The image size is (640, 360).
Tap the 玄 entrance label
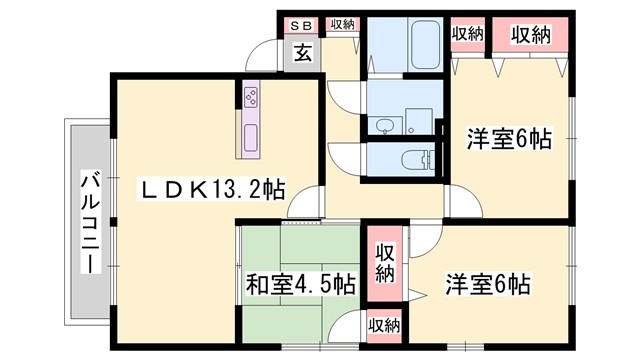pyautogui.click(x=302, y=54)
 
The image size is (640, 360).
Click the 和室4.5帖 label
pyautogui.click(x=300, y=284)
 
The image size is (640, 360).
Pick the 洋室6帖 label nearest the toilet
pyautogui.click(x=509, y=139)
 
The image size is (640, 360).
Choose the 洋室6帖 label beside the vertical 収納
pyautogui.click(x=487, y=284)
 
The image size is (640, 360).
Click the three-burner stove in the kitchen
pyautogui.click(x=249, y=97)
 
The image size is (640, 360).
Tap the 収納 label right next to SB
pyautogui.click(x=341, y=24)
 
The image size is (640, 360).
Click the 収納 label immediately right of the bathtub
pyautogui.click(x=467, y=34)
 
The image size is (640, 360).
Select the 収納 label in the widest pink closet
pyautogui.click(x=534, y=34)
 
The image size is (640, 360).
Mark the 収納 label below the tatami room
pyautogui.click(x=384, y=324)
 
